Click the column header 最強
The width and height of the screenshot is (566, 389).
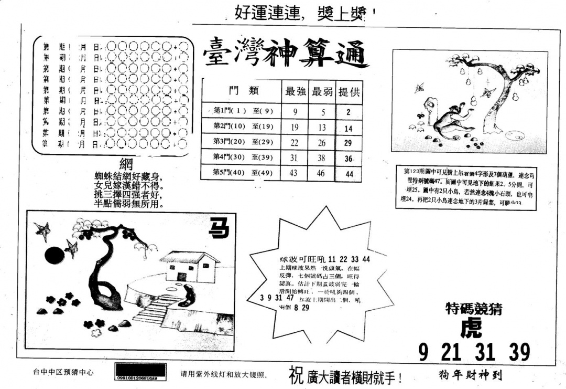pos(295,91)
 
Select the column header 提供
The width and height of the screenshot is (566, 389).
pos(350,91)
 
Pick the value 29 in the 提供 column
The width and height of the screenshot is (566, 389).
pos(349,142)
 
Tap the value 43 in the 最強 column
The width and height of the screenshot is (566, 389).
pos(294,173)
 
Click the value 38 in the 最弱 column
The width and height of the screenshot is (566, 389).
pos(321,157)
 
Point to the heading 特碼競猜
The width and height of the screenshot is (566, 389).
pos(473,309)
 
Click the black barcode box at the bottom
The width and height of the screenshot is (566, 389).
pos(140,372)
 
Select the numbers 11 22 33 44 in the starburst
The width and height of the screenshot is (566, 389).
pos(348,259)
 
